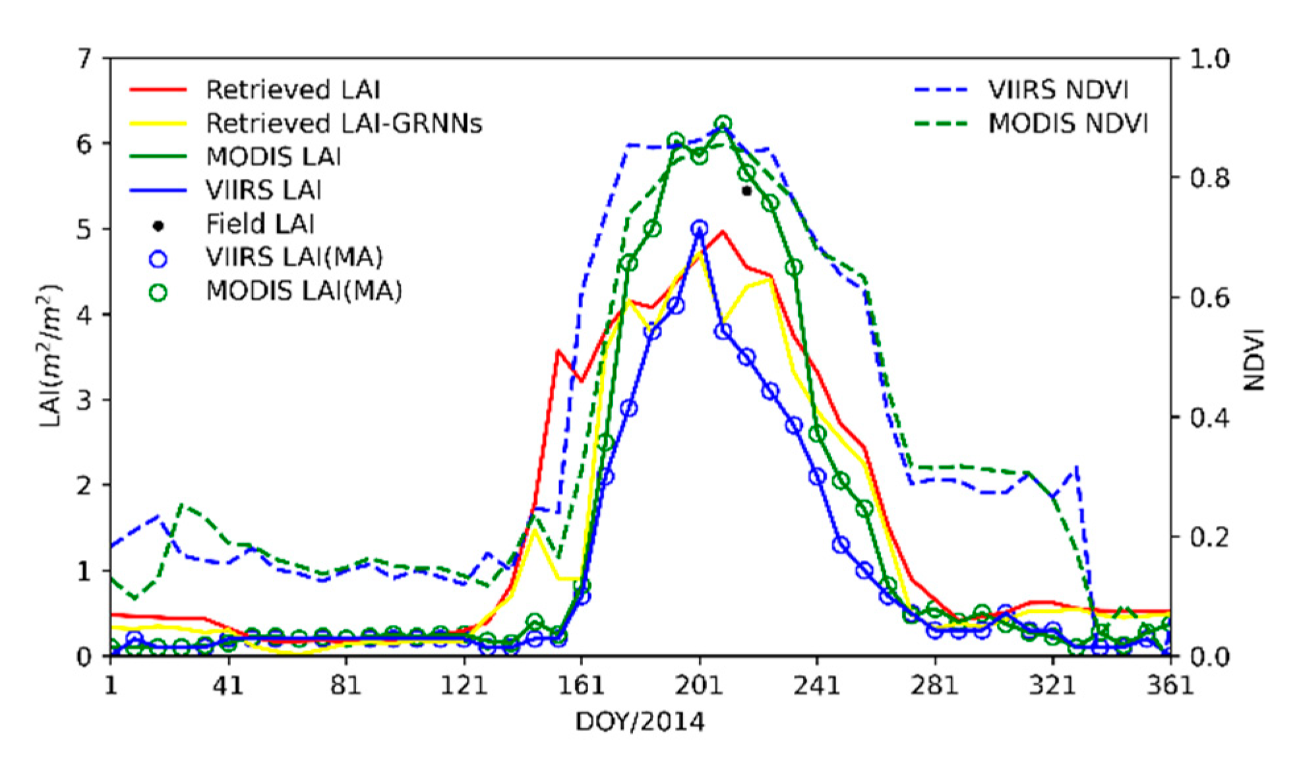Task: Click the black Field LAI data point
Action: (746, 191)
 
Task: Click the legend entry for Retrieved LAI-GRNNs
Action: (344, 123)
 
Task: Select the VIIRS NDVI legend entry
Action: (1058, 90)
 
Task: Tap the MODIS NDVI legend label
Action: (1068, 123)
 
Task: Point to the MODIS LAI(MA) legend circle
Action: (158, 292)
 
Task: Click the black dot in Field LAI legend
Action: (158, 226)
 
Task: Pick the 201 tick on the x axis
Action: (699, 685)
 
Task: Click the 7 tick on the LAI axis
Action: (85, 59)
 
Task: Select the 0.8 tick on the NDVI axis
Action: (1209, 178)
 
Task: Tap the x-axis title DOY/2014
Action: (640, 722)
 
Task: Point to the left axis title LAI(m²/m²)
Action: (50, 356)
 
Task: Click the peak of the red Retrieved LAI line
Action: (723, 232)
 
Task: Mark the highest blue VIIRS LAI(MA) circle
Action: (700, 229)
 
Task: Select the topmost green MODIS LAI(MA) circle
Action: (723, 123)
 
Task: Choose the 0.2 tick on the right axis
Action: (1209, 537)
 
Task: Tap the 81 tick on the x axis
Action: (346, 685)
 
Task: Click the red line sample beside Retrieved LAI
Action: (158, 90)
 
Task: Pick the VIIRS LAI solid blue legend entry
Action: (264, 191)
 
